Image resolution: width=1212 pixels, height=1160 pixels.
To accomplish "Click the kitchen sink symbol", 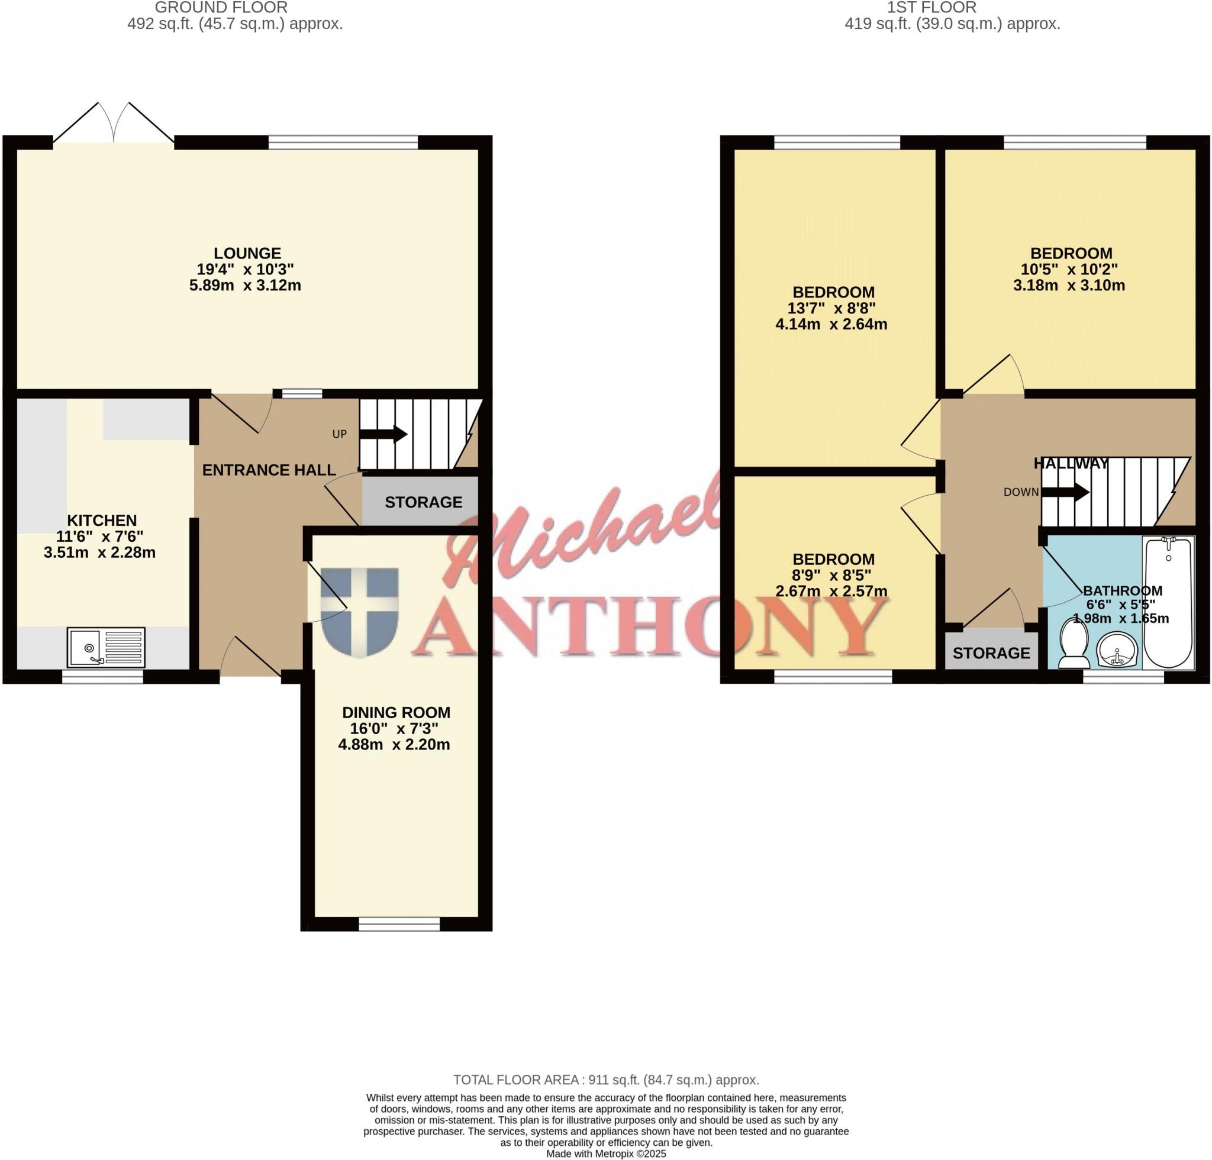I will pyautogui.click(x=107, y=647).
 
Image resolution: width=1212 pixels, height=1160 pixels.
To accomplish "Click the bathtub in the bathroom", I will pyautogui.click(x=1168, y=603).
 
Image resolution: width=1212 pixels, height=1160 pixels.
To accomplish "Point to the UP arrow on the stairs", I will pyautogui.click(x=383, y=434).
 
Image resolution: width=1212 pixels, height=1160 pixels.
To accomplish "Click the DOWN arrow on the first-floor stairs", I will pyautogui.click(x=1065, y=492).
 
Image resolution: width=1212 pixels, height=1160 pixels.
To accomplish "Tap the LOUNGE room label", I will pyautogui.click(x=247, y=253).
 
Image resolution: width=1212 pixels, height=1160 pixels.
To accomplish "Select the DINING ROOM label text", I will pyautogui.click(x=396, y=712).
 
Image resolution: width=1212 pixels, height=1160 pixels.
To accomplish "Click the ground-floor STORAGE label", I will pyautogui.click(x=424, y=502).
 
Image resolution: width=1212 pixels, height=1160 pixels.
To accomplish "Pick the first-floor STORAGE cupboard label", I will pyautogui.click(x=991, y=652).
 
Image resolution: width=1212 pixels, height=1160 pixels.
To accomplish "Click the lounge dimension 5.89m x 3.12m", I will pyautogui.click(x=245, y=286).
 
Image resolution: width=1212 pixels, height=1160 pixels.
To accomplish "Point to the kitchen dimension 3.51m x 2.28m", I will pyautogui.click(x=99, y=552).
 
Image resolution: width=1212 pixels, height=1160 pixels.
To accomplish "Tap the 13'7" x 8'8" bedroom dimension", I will pyautogui.click(x=831, y=308).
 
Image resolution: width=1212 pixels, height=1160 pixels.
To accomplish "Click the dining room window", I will pyautogui.click(x=399, y=925).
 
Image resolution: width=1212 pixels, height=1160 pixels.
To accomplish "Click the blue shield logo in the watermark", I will pyautogui.click(x=359, y=611).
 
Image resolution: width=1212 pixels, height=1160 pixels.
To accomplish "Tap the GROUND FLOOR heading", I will pyautogui.click(x=221, y=8).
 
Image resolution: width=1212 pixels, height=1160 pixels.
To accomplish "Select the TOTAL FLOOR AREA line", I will pyautogui.click(x=605, y=1080).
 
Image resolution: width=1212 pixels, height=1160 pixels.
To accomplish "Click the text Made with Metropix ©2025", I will pyautogui.click(x=606, y=1153).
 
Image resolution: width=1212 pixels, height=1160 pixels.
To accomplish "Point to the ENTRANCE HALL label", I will pyautogui.click(x=269, y=470).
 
